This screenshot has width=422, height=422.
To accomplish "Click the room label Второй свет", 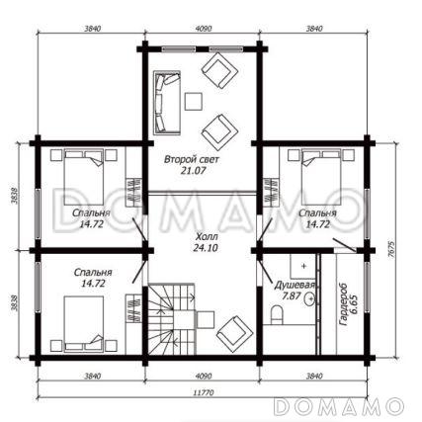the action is [x=192, y=160].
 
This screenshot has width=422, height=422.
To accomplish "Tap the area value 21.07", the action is [x=193, y=171].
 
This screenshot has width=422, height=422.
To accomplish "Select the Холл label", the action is [x=207, y=236].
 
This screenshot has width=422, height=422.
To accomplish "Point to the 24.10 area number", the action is [x=206, y=248].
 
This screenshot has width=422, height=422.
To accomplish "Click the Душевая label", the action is [x=295, y=285].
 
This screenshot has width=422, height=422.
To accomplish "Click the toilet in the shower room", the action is [x=276, y=314].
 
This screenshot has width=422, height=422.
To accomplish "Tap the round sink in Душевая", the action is [x=310, y=298].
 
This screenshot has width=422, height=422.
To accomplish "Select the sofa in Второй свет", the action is [x=167, y=103].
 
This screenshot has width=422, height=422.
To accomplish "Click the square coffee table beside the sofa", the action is [x=194, y=102].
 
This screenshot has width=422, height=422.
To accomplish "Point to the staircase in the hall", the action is [x=171, y=319].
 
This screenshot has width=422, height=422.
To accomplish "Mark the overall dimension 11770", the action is [x=204, y=392].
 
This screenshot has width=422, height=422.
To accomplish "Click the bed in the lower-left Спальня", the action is [x=84, y=323].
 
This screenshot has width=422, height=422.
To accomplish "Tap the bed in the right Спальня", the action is [x=321, y=177].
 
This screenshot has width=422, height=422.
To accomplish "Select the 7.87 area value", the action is [x=292, y=295].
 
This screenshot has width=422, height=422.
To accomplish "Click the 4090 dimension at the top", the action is [x=204, y=29].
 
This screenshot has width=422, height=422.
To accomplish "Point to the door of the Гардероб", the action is [x=345, y=245].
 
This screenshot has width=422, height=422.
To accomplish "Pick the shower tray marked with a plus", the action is [x=303, y=266].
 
